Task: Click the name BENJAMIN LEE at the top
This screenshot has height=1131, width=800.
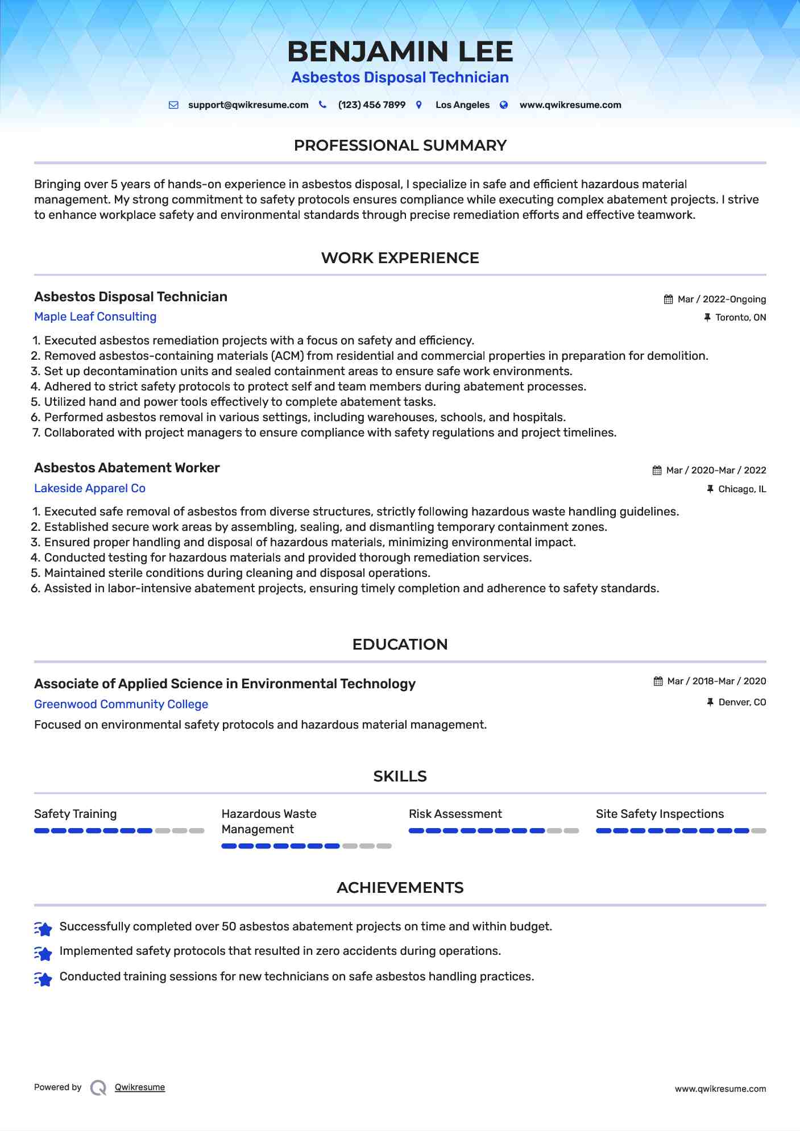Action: [400, 52]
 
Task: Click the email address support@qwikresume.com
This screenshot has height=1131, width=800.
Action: [248, 105]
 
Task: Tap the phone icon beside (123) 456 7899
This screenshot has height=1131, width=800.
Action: [322, 105]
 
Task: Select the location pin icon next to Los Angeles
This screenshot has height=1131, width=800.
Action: [419, 105]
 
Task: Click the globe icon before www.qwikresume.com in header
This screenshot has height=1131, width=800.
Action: [504, 105]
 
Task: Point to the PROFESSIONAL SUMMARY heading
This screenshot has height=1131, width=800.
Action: [400, 145]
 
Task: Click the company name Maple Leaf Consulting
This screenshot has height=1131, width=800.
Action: [95, 317]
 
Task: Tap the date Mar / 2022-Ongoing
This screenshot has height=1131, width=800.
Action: [722, 300]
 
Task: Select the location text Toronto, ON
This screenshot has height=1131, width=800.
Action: [740, 318]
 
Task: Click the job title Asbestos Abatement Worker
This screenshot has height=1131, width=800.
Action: [127, 468]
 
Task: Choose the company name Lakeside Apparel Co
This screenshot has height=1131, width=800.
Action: [90, 488]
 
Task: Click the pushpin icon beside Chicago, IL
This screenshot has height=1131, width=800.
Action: [710, 489]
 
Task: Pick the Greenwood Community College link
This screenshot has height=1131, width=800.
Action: [121, 704]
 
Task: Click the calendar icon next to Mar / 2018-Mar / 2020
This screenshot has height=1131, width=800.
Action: [658, 681]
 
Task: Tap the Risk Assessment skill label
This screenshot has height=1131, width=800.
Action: [455, 814]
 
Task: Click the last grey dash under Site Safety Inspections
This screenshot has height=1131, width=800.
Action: [758, 831]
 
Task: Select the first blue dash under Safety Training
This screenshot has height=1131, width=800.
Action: [42, 831]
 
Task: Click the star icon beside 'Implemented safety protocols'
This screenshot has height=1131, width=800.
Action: [43, 953]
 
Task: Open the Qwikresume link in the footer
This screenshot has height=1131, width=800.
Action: [140, 1087]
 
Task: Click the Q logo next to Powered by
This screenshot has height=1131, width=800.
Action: [98, 1088]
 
